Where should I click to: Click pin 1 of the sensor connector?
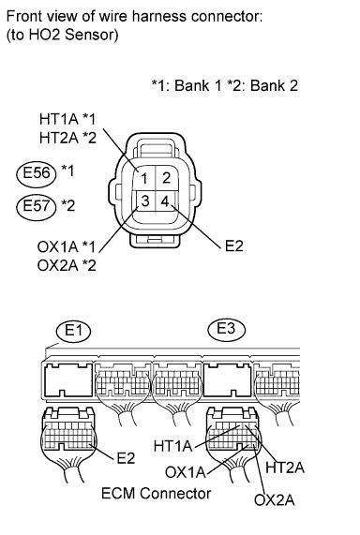pos(143,178)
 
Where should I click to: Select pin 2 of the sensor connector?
pos(166,178)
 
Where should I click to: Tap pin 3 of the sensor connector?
pos(144,201)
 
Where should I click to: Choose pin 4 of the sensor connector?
pos(165,201)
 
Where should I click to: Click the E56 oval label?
pos(36,172)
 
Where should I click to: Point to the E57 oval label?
pos(36,206)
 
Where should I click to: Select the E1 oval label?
pos(74,331)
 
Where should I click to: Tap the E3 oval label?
pos(227,329)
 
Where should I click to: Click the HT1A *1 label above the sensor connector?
pos(67,119)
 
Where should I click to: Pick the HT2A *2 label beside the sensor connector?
pos(67,138)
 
